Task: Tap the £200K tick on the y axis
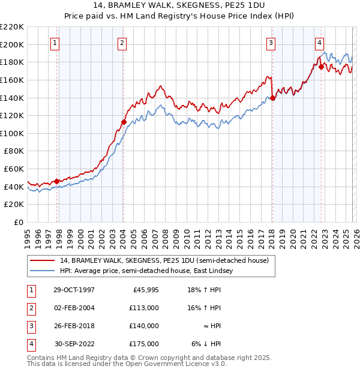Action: pyautogui.click(x=12, y=44)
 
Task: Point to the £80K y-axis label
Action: pyautogui.click(x=14, y=151)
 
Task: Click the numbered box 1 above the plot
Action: pyautogui.click(x=55, y=43)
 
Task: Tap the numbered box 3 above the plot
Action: pyautogui.click(x=271, y=43)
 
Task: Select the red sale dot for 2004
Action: pyautogui.click(x=124, y=122)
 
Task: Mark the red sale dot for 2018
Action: pyautogui.click(x=272, y=98)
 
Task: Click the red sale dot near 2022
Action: pyautogui.click(x=321, y=67)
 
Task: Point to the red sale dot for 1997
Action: pyautogui.click(x=57, y=181)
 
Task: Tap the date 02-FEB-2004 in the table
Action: pyautogui.click(x=73, y=308)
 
